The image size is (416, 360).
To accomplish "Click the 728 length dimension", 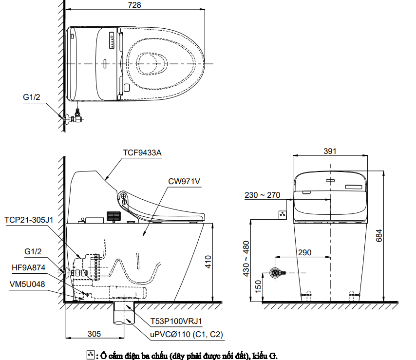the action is click(x=134, y=5).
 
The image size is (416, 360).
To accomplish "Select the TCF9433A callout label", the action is click(x=142, y=153).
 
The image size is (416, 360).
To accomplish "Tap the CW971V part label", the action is click(x=184, y=181).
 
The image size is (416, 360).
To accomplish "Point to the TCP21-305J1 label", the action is click(x=29, y=220).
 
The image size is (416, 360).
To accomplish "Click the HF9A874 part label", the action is click(x=28, y=267).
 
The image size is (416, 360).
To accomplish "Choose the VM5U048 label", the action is click(x=27, y=284).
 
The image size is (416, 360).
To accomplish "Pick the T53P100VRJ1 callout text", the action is click(x=176, y=322).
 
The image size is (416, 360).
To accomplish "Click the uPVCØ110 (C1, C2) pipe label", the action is click(x=187, y=335).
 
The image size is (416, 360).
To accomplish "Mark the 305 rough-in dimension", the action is click(x=94, y=334).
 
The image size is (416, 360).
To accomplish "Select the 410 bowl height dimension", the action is click(x=208, y=262).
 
